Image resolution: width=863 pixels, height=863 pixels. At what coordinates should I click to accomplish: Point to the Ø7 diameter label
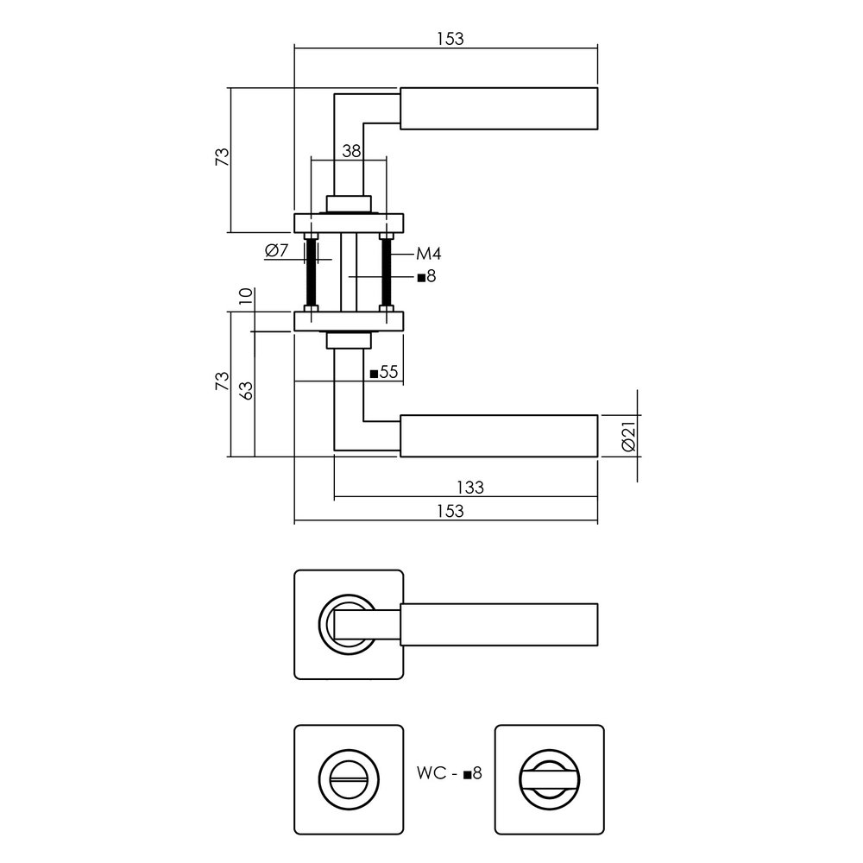(x=276, y=250)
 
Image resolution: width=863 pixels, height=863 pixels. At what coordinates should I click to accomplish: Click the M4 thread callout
(x=429, y=254)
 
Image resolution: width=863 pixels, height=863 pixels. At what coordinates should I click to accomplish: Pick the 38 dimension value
(x=350, y=151)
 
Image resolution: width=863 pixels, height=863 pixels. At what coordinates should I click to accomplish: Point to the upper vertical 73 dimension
(x=221, y=157)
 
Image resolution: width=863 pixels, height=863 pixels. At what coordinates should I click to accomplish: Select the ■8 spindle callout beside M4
(x=425, y=277)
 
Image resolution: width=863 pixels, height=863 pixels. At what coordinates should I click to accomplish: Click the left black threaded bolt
(x=311, y=271)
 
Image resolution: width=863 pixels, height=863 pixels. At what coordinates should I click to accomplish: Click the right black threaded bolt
(x=386, y=271)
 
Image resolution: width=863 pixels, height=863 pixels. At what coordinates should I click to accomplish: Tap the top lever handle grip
(x=499, y=109)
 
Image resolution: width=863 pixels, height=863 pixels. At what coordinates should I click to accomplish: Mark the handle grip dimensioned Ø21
(x=499, y=436)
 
